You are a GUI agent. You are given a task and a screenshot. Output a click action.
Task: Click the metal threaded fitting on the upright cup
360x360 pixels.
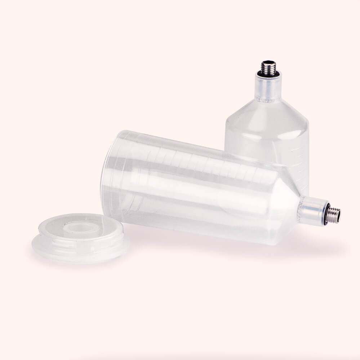point(268,67)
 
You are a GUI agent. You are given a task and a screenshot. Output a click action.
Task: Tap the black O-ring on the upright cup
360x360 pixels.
point(268,74)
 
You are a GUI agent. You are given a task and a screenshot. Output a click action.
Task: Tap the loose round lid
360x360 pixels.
point(81,238)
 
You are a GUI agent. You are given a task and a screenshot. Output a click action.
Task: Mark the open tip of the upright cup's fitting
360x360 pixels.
point(268,62)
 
